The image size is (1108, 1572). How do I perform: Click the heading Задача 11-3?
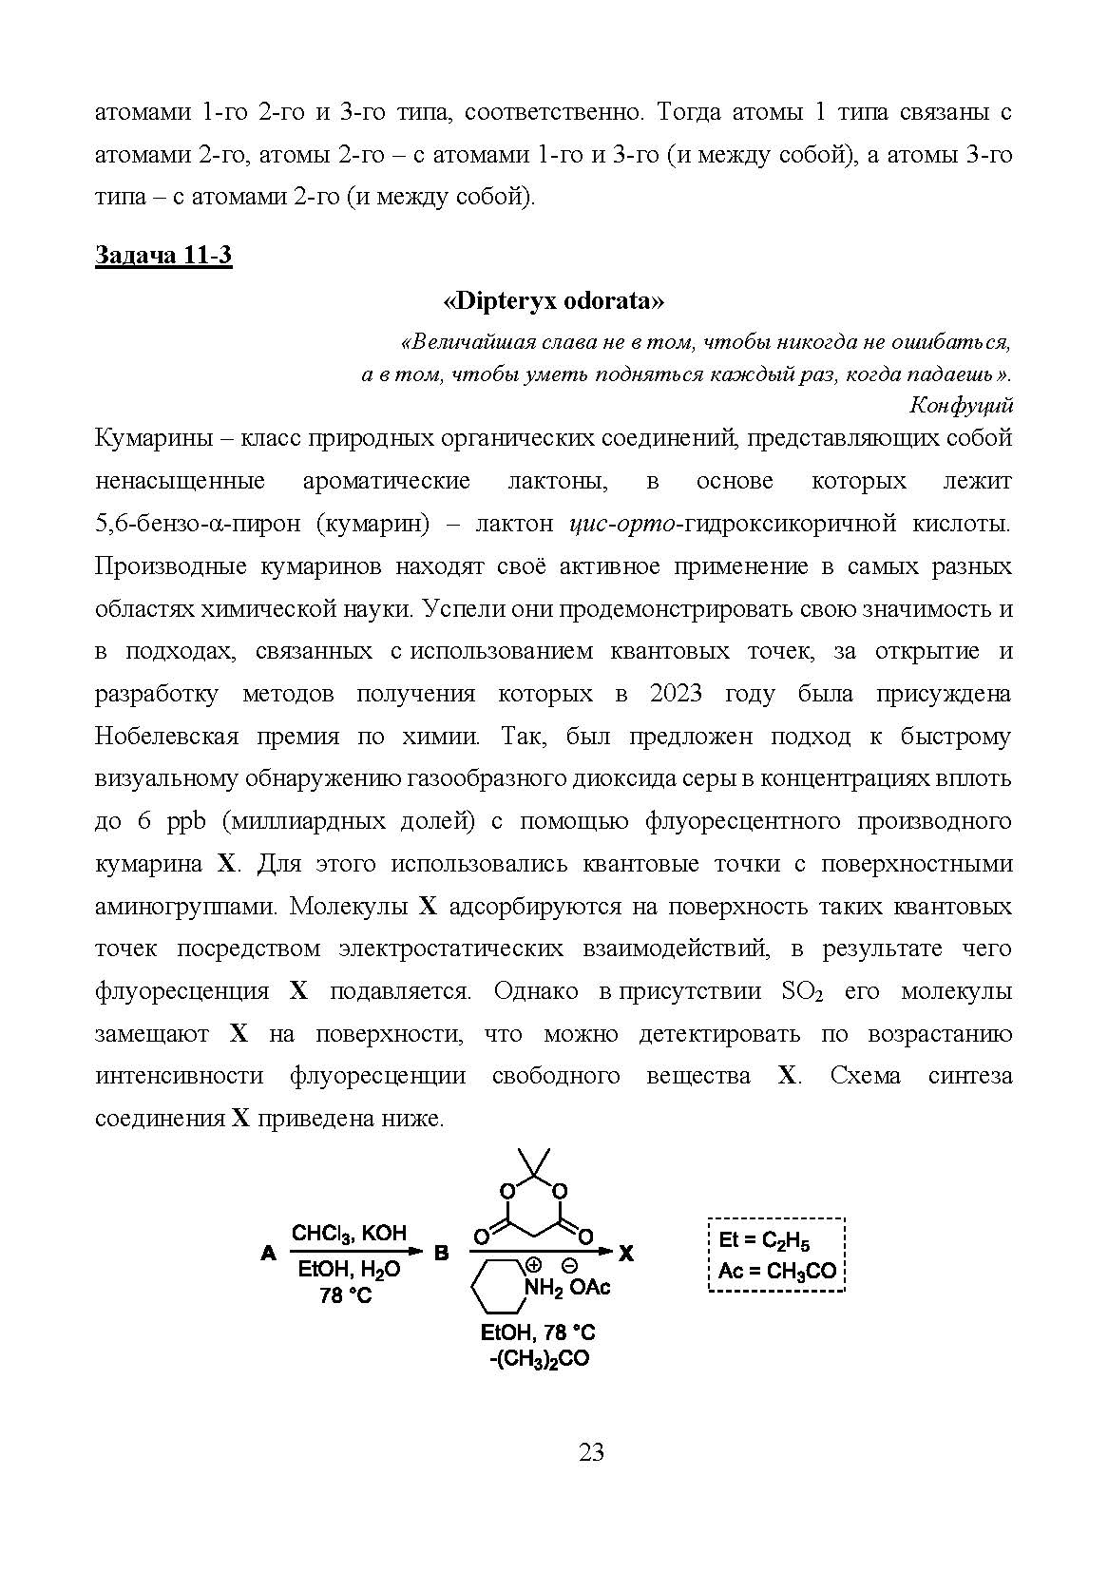(x=163, y=256)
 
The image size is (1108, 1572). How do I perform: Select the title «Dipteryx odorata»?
(x=553, y=301)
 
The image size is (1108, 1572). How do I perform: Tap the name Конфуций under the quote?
(x=962, y=406)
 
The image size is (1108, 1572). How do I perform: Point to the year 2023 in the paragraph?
(x=676, y=694)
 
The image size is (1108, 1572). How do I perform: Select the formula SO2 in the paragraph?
(x=800, y=991)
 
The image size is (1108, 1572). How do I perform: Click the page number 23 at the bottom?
(x=591, y=1452)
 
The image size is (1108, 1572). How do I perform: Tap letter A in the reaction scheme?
(x=268, y=1254)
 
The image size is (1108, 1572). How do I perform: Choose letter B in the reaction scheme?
(x=441, y=1254)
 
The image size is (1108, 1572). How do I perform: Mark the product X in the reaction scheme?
(x=626, y=1254)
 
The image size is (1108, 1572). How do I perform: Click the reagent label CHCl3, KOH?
(x=349, y=1234)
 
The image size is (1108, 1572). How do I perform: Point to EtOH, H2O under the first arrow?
(x=349, y=1270)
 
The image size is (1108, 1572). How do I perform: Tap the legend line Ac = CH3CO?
(x=776, y=1271)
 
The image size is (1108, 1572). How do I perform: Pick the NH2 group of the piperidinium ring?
(x=545, y=1288)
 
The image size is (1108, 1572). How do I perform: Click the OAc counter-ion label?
(x=590, y=1288)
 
